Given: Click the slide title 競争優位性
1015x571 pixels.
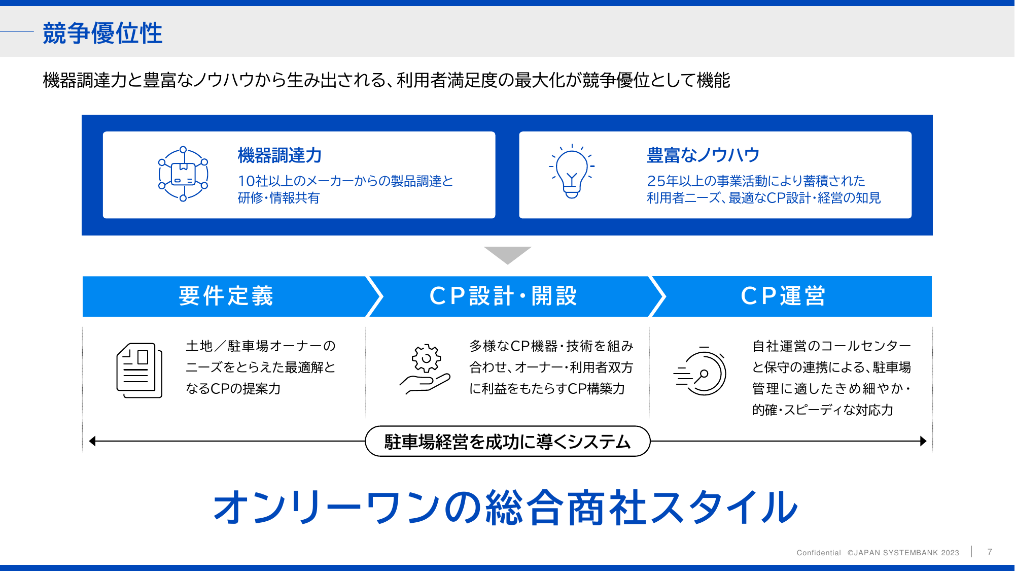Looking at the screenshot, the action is [x=102, y=33].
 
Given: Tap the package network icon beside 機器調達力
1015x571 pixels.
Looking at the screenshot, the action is [x=183, y=174].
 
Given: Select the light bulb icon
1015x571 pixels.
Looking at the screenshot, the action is [x=572, y=172].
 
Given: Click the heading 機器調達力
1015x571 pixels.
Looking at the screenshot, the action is [x=280, y=155].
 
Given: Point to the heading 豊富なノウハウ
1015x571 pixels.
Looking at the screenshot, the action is [x=703, y=155].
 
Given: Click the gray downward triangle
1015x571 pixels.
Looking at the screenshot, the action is [x=507, y=254].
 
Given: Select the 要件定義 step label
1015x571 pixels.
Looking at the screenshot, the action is [x=226, y=296].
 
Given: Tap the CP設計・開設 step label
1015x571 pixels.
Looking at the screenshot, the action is [x=503, y=296].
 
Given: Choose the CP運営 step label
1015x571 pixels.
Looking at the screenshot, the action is [x=783, y=296].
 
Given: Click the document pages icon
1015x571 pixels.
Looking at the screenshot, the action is [x=139, y=371].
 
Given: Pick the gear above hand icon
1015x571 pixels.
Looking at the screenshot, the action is [x=425, y=369].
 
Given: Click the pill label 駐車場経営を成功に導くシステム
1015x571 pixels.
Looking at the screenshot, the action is [x=507, y=442].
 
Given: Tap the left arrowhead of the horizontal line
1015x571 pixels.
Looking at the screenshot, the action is [x=92, y=441].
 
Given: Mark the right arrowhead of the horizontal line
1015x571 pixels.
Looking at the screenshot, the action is [x=923, y=441].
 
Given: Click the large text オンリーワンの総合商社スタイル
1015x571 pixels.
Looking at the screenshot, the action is [x=506, y=507].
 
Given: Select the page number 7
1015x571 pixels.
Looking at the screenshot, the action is [x=990, y=552].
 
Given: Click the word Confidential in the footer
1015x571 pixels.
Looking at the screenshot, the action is [x=819, y=553].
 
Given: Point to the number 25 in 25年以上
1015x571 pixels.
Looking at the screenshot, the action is [x=656, y=181].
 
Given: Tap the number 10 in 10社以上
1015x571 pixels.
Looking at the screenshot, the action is [x=247, y=181].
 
